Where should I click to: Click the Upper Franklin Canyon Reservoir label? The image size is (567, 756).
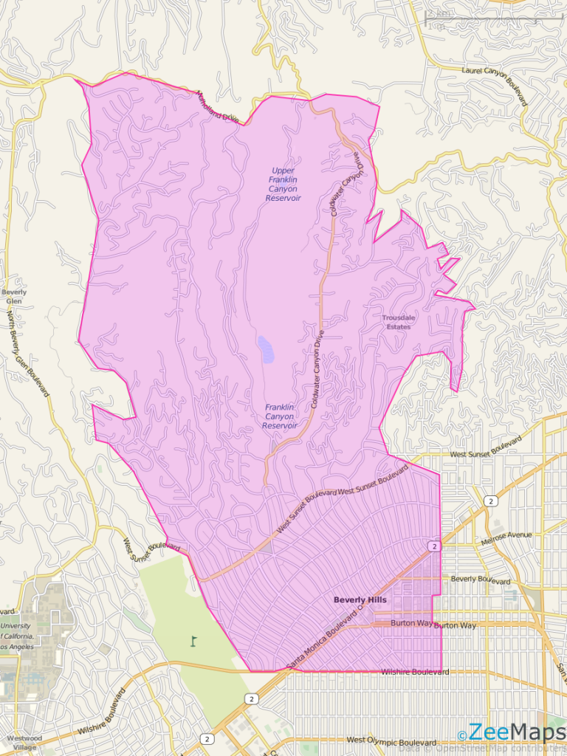click(283, 185)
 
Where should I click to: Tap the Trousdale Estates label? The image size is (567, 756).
click(399, 322)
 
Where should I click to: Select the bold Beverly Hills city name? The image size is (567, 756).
click(360, 600)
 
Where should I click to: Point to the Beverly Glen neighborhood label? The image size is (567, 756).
click(14, 297)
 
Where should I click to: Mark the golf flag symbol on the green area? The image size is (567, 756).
click(194, 641)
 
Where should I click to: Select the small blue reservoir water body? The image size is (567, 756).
click(265, 348)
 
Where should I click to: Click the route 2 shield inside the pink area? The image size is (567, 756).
click(433, 546)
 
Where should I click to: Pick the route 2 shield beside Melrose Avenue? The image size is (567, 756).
click(490, 501)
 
